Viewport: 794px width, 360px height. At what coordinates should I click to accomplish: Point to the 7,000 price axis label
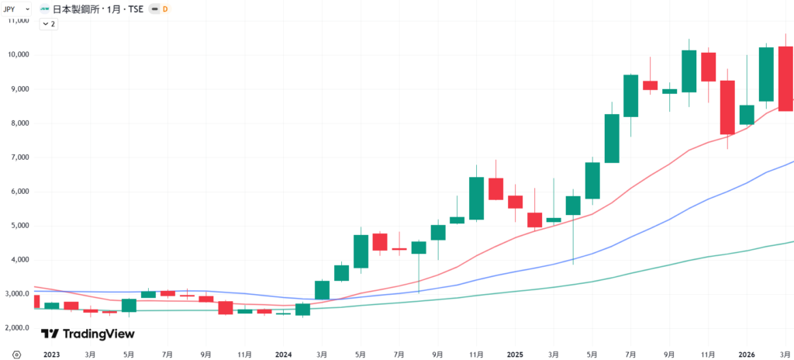pyautogui.click(x=18, y=157)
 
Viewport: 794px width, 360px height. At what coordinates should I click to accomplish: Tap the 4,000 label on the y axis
pyautogui.click(x=18, y=260)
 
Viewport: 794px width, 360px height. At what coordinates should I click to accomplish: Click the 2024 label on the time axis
pyautogui.click(x=282, y=354)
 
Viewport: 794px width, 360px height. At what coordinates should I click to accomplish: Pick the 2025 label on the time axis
pyautogui.click(x=515, y=354)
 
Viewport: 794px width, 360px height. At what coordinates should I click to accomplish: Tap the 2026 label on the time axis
pyautogui.click(x=746, y=354)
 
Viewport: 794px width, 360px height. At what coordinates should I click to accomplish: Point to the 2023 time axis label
pyautogui.click(x=51, y=354)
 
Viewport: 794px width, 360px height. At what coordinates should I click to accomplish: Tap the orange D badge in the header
pyautogui.click(x=164, y=9)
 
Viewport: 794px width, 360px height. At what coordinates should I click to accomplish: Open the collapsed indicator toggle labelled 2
pyautogui.click(x=48, y=24)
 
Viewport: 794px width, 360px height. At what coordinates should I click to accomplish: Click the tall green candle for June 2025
pyautogui.click(x=612, y=138)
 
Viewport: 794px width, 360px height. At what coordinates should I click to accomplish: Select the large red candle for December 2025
pyautogui.click(x=727, y=107)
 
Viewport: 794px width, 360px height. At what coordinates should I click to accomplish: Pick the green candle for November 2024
pyautogui.click(x=476, y=198)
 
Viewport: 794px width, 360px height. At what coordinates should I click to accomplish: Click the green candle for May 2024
pyautogui.click(x=361, y=251)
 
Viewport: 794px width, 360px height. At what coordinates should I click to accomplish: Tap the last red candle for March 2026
pyautogui.click(x=785, y=78)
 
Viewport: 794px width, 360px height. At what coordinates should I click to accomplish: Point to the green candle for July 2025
pyautogui.click(x=631, y=95)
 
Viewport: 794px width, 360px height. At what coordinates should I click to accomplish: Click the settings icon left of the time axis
pyautogui.click(x=17, y=354)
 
